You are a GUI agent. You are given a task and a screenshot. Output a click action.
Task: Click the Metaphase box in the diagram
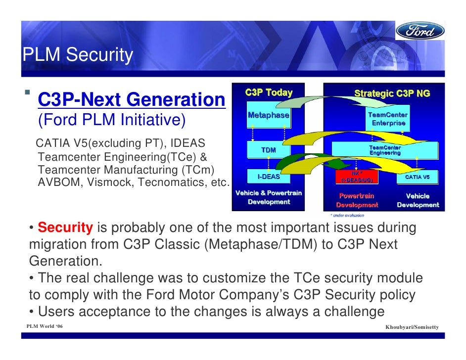(x=269, y=115)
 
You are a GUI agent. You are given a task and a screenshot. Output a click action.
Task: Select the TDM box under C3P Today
(x=269, y=150)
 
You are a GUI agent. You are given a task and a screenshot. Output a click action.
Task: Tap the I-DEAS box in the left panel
(x=269, y=177)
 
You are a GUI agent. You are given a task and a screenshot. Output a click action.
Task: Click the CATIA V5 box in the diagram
(x=418, y=177)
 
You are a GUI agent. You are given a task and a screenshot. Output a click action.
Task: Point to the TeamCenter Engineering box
(x=385, y=150)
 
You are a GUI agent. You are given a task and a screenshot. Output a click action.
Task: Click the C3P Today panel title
(x=269, y=92)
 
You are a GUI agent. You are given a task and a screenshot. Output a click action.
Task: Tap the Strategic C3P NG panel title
(x=392, y=93)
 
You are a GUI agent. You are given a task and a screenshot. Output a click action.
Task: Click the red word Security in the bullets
(x=65, y=228)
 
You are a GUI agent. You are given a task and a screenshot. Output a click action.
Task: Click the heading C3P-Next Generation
(x=132, y=100)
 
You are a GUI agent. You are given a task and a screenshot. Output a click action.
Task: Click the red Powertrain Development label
(x=357, y=200)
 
